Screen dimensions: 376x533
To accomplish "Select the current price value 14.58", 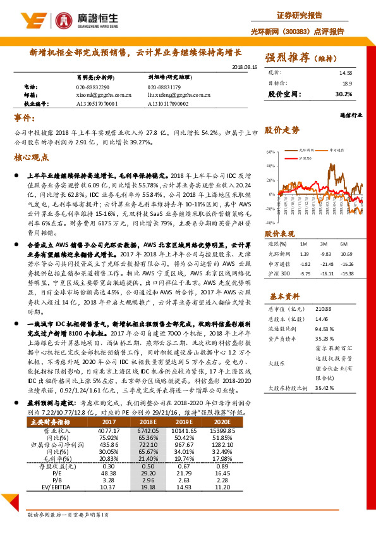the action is [x=345, y=73].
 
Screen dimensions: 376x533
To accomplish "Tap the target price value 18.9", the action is [x=347, y=83].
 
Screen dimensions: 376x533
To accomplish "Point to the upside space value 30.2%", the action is [x=344, y=94].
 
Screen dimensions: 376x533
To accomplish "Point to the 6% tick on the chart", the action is [x=271, y=152].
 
